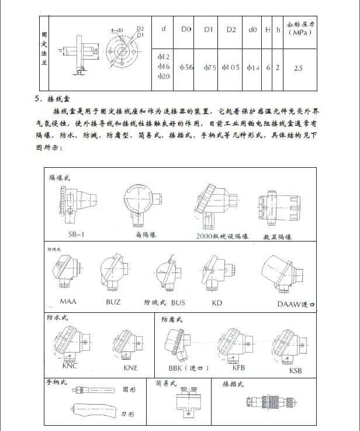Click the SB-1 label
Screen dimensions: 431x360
(x=77, y=234)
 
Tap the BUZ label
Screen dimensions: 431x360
(x=113, y=302)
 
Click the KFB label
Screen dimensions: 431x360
(x=238, y=367)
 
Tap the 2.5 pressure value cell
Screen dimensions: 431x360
(x=297, y=68)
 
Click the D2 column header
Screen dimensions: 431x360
(x=231, y=29)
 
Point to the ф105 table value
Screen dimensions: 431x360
(x=231, y=68)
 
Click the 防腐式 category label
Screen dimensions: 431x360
(x=172, y=320)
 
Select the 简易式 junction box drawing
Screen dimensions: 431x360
(x=190, y=402)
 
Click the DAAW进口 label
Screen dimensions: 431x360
(x=296, y=304)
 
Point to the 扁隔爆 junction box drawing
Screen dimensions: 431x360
(x=139, y=206)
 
